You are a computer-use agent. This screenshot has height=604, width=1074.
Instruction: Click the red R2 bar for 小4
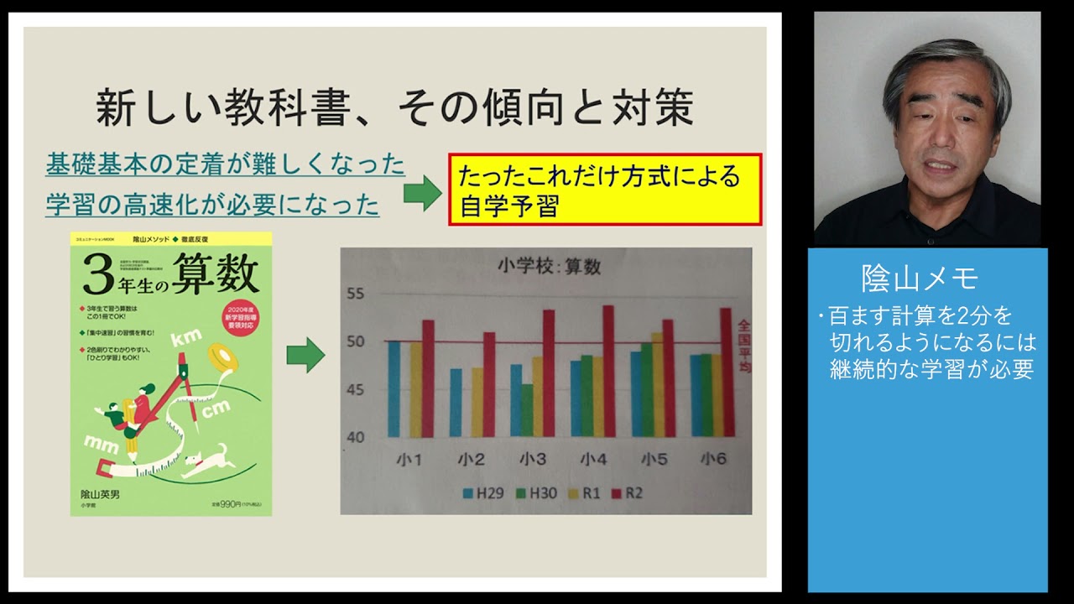pyautogui.click(x=608, y=371)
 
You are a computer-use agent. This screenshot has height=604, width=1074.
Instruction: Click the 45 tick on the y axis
pyautogui.click(x=357, y=389)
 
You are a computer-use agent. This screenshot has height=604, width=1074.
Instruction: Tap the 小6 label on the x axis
pyautogui.click(x=715, y=459)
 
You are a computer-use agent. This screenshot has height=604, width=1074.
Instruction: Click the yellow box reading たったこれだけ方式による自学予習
pyautogui.click(x=605, y=190)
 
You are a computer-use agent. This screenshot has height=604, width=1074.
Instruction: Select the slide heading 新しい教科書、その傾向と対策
pyautogui.click(x=394, y=108)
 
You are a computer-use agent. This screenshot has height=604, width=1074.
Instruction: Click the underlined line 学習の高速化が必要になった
pyautogui.click(x=212, y=204)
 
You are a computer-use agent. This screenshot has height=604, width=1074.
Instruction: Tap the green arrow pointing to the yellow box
pyautogui.click(x=422, y=194)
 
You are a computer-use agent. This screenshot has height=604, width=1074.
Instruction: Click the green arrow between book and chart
pyautogui.click(x=305, y=355)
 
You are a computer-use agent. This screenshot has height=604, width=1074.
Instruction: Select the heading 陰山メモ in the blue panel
pyautogui.click(x=920, y=278)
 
